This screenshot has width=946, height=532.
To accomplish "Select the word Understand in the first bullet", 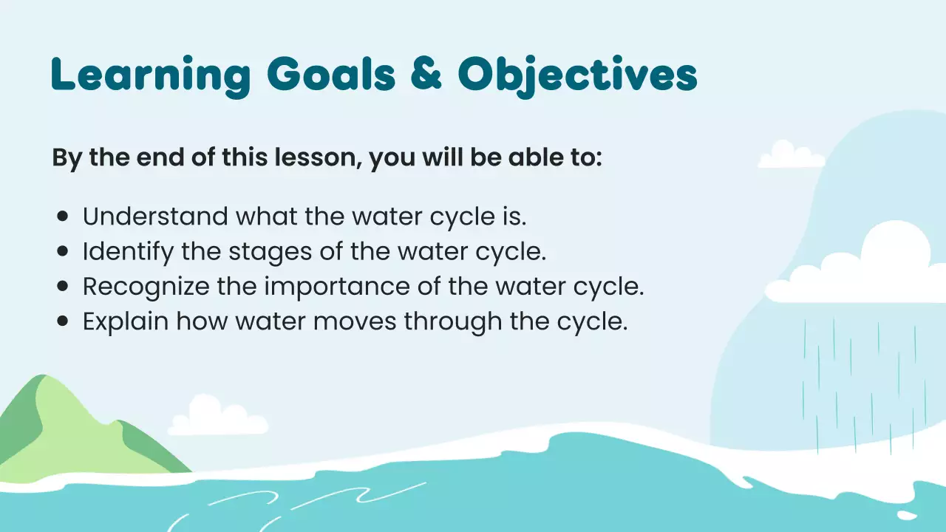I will tap(155, 216).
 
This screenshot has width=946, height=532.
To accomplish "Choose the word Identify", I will tap(129, 252).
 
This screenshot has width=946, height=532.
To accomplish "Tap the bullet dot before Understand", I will tap(63, 216).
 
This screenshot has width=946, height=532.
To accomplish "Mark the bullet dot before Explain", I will tap(63, 322).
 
